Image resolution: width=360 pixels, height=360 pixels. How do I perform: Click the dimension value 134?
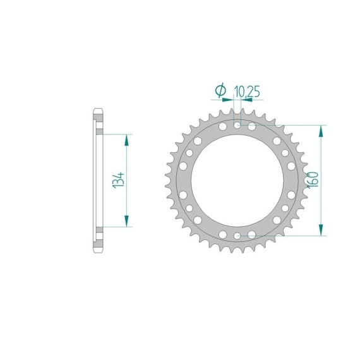pyautogui.click(x=119, y=180)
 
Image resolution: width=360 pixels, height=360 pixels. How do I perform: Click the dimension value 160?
pyautogui.click(x=313, y=180)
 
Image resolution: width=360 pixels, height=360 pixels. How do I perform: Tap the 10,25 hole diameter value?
pyautogui.click(x=247, y=92)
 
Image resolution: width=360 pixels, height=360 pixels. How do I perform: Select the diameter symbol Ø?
pyautogui.click(x=220, y=90)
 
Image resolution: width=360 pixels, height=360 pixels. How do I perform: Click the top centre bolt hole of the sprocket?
pyautogui.click(x=237, y=125)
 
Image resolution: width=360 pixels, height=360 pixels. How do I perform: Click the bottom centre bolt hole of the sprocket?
pyautogui.click(x=237, y=236)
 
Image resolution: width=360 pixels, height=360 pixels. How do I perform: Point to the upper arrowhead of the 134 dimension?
pyautogui.click(x=126, y=140)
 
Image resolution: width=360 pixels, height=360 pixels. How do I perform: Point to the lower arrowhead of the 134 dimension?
pyautogui.click(x=126, y=221)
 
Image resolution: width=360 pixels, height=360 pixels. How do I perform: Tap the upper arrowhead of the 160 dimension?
pyautogui.click(x=321, y=131)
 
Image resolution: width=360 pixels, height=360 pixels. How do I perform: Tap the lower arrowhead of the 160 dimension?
pyautogui.click(x=321, y=230)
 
